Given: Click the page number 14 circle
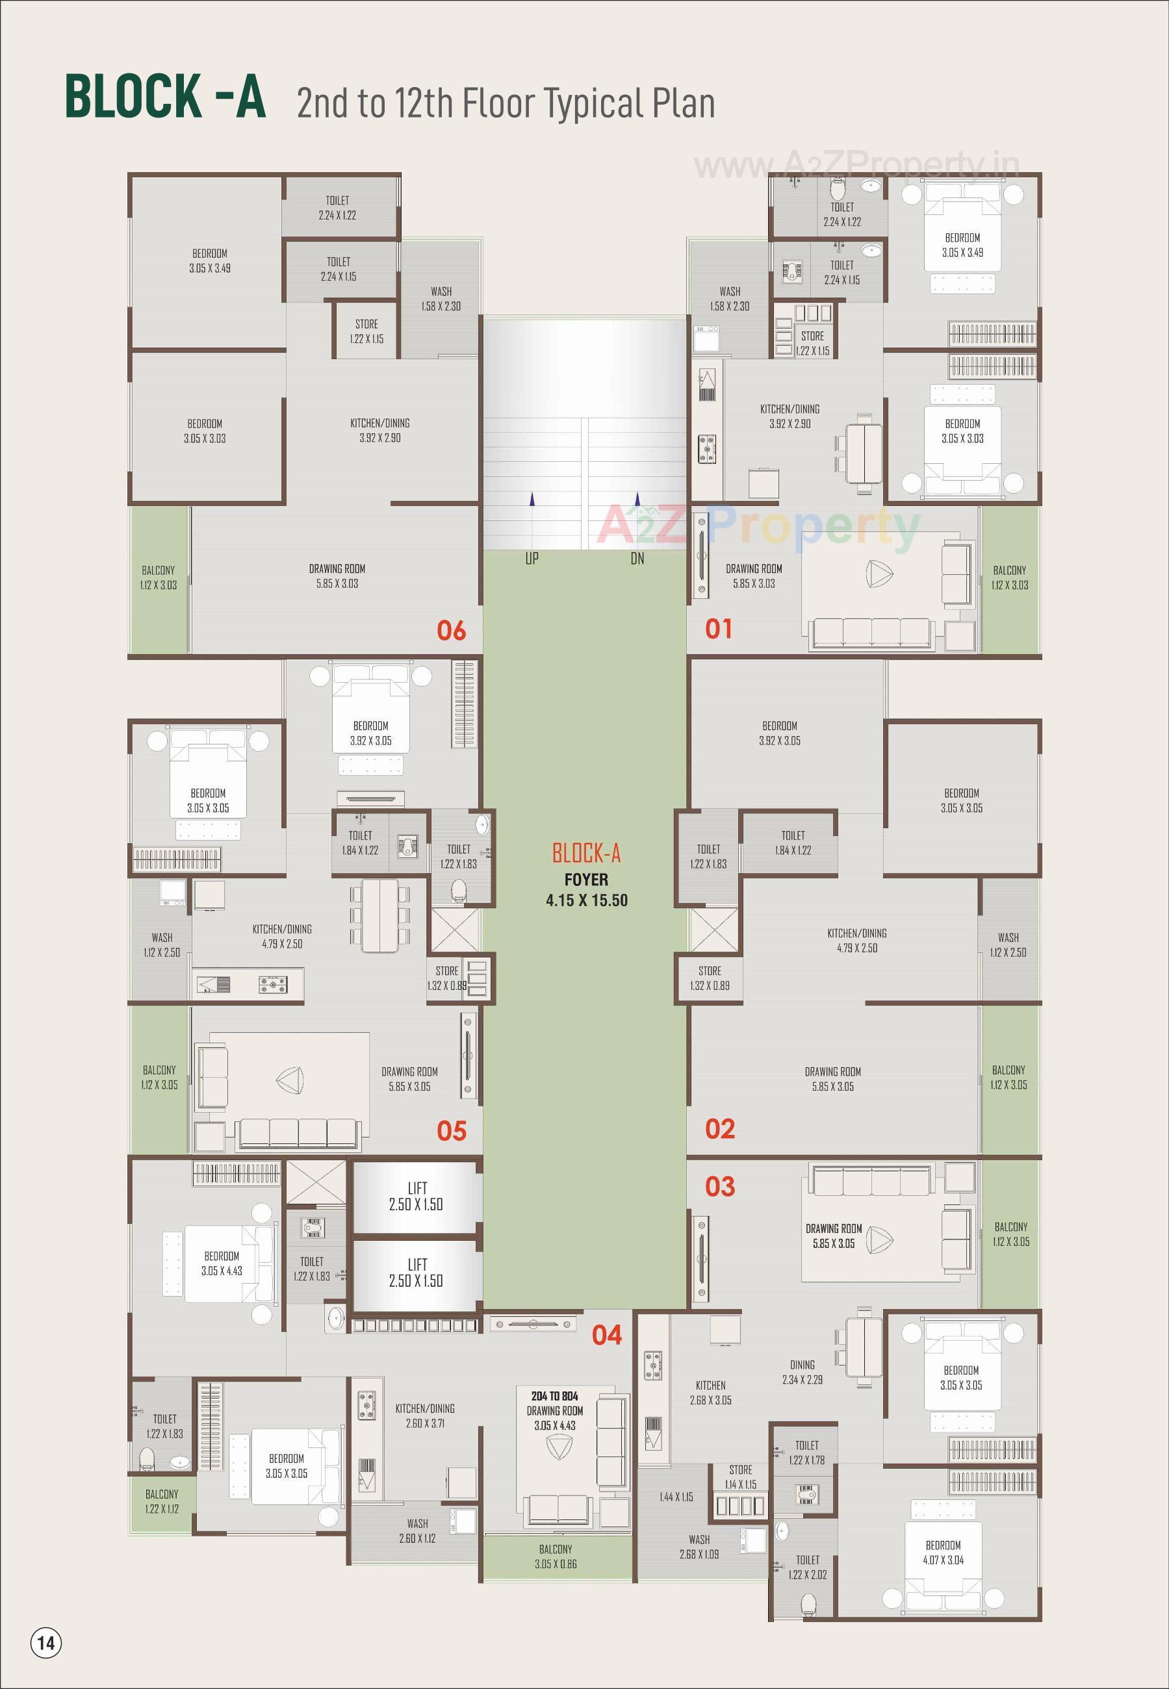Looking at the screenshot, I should click(x=46, y=1643).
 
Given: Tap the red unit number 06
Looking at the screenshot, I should click(x=451, y=630).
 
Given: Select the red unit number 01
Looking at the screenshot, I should click(x=719, y=629).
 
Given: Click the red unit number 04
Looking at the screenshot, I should click(x=607, y=1336).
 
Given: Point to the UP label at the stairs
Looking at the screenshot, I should click(x=532, y=559).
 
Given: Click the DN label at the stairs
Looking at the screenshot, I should click(x=637, y=559).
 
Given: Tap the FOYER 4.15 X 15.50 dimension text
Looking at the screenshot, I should click(x=586, y=900).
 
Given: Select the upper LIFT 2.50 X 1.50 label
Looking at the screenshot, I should click(x=416, y=1197).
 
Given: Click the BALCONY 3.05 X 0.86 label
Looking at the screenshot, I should click(x=555, y=1556).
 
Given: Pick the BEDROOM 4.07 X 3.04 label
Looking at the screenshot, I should click(x=943, y=1552).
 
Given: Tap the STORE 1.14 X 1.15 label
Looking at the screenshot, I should click(x=741, y=1477).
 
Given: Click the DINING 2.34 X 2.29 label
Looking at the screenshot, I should click(x=802, y=1372).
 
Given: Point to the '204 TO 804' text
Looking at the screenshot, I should click(x=554, y=1396).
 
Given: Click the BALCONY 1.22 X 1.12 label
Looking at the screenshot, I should click(x=162, y=1501).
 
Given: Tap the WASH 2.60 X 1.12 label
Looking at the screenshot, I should click(x=417, y=1531).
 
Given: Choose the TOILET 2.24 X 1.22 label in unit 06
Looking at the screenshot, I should click(x=338, y=208).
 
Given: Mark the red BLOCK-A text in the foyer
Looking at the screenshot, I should click(x=586, y=854).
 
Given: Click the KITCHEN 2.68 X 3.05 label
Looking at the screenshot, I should click(x=710, y=1393).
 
